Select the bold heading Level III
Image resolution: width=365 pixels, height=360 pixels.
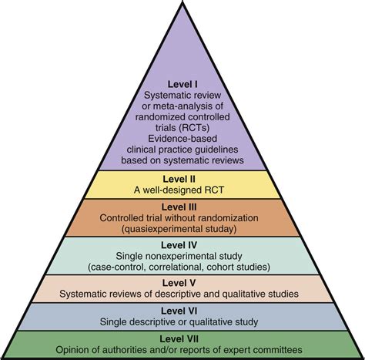181,207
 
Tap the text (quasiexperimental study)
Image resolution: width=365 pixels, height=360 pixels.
182,228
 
